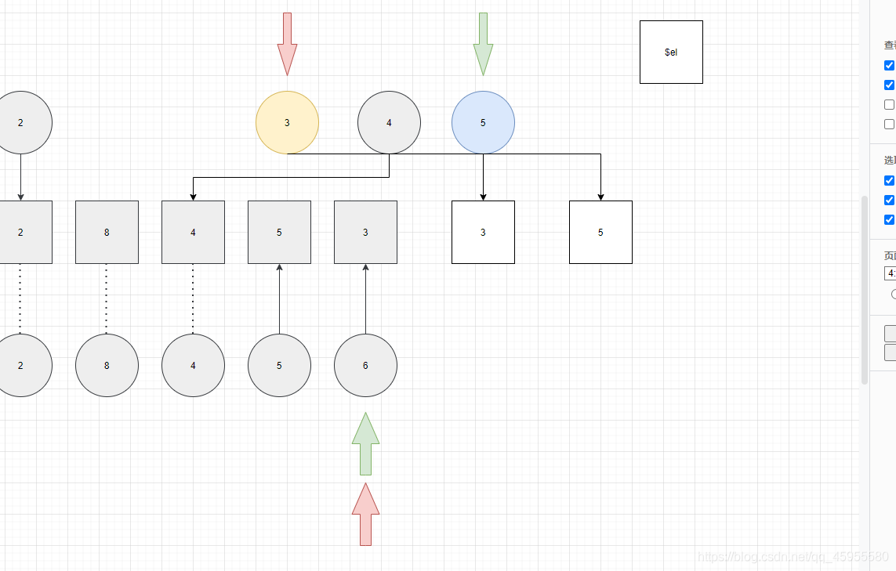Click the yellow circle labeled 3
(287, 123)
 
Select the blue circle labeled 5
(483, 123)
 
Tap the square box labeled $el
(671, 52)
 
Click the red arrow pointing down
(287, 43)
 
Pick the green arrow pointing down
(483, 43)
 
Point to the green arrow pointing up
(365, 444)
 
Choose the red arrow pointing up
(365, 515)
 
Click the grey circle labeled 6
(365, 365)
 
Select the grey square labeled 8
(107, 232)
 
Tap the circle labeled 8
(107, 365)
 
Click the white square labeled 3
(483, 232)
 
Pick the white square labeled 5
(600, 232)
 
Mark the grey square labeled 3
(365, 232)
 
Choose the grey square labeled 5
(279, 232)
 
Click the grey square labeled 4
(193, 232)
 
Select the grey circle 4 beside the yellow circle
(389, 123)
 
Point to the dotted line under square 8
(107, 298)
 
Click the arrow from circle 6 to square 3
(365, 298)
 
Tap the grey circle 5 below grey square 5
(279, 365)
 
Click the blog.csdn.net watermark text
(793, 557)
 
